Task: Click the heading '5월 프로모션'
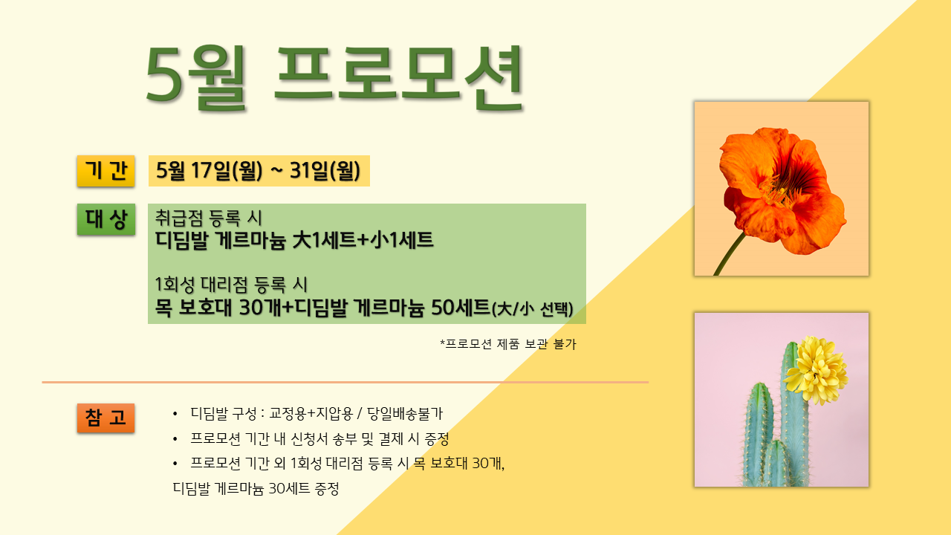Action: click(334, 78)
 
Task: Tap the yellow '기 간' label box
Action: click(106, 171)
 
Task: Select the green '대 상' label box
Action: click(106, 219)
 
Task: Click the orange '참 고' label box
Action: click(106, 418)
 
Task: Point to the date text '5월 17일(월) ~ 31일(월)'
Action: click(259, 171)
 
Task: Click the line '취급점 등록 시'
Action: click(209, 218)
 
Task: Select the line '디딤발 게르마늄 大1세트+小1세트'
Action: click(293, 240)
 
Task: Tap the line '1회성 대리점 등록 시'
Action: click(231, 285)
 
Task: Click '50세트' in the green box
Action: click(460, 308)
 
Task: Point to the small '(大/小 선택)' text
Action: click(533, 309)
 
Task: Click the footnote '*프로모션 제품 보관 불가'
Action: click(508, 343)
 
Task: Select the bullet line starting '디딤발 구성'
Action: click(317, 413)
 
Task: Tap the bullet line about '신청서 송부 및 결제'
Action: click(319, 438)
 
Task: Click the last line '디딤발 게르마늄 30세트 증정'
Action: click(256, 488)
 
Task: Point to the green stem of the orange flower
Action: click(730, 254)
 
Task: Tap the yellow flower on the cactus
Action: click(816, 370)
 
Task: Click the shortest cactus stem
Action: click(776, 464)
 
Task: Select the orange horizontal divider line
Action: click(345, 382)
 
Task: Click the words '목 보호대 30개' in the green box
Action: click(218, 308)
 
